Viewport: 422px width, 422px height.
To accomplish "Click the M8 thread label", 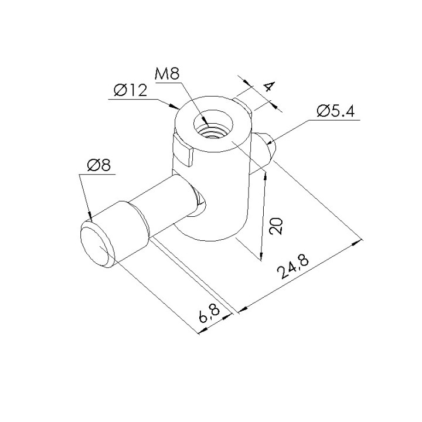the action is point(167,74).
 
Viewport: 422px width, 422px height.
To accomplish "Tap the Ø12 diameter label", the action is point(131,90).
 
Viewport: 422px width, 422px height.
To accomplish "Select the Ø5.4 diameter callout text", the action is point(336,111).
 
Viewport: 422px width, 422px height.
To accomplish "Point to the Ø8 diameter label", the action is point(99,165).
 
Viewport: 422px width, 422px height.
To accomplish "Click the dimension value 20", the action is point(276,226).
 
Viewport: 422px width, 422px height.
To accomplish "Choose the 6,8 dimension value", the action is point(209,313).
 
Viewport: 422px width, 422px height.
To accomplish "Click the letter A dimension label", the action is point(269,86).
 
